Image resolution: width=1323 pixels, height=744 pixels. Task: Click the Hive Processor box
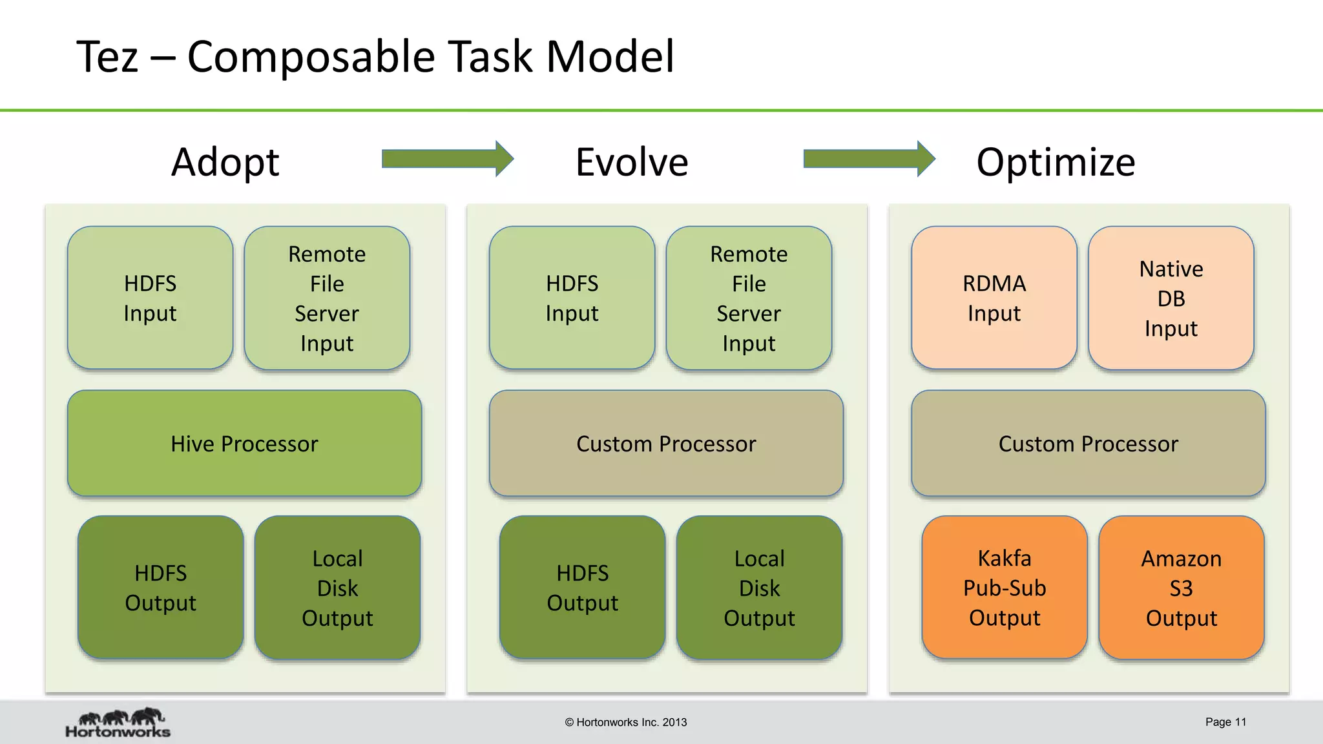click(244, 443)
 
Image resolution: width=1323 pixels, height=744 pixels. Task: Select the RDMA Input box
click(994, 298)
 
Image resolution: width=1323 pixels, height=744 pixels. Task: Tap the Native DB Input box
click(1171, 298)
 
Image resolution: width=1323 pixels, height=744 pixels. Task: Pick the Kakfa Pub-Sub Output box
click(1004, 587)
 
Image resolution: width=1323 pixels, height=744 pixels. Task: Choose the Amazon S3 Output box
click(1181, 587)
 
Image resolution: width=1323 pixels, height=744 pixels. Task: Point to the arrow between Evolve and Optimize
click(868, 158)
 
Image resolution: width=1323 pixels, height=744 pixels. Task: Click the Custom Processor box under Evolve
click(666, 443)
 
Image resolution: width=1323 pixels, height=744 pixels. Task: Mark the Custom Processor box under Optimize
click(1088, 443)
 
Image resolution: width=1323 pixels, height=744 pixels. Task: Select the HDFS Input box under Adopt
click(150, 298)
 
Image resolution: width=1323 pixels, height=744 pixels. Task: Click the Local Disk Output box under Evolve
click(759, 587)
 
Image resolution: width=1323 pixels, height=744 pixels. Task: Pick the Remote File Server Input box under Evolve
click(749, 298)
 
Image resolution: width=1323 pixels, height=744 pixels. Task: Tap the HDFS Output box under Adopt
click(160, 587)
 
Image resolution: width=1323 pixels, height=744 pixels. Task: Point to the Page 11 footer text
click(1225, 722)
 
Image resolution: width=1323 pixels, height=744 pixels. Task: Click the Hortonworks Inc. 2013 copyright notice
click(625, 722)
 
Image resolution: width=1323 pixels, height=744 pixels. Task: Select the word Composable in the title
click(311, 57)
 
